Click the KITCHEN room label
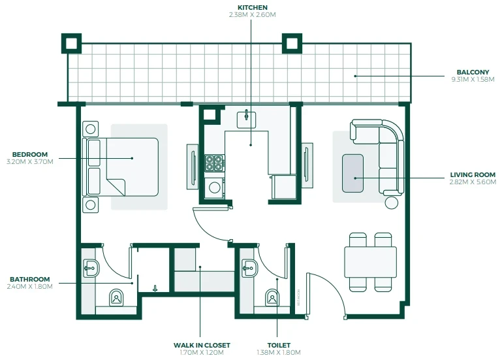(252, 7)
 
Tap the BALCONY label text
(473, 72)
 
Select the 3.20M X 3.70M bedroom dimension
(30, 161)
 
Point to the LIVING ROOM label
(473, 174)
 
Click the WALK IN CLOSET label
(202, 345)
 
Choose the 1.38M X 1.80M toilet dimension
(279, 353)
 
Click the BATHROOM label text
(30, 279)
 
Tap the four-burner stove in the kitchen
(215, 163)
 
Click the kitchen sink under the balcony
(246, 120)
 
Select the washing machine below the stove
(215, 188)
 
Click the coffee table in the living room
(353, 173)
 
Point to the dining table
(370, 262)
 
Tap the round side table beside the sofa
(391, 203)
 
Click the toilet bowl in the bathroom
(116, 297)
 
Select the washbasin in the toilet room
(249, 268)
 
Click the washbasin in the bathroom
(91, 268)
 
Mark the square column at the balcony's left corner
(71, 43)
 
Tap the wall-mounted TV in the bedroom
(193, 167)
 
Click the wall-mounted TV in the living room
(306, 165)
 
